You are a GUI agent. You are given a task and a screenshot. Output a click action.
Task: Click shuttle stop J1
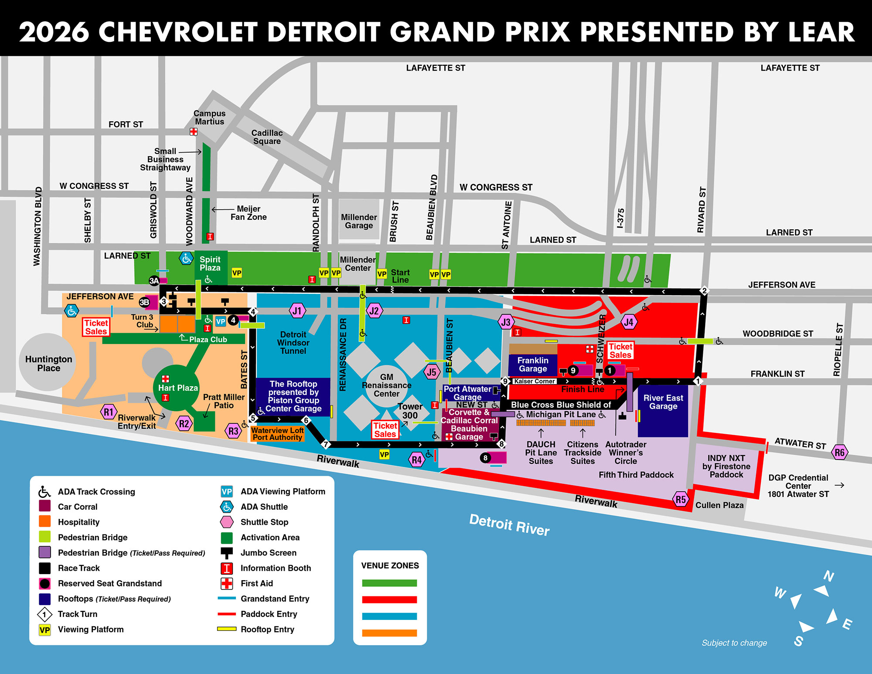pyautogui.click(x=297, y=311)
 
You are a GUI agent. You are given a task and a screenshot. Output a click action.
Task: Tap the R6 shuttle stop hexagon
pyautogui.click(x=839, y=452)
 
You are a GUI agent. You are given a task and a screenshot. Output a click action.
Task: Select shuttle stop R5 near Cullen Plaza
pyautogui.click(x=681, y=500)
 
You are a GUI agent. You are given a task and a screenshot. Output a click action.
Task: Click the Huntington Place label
pyautogui.click(x=48, y=364)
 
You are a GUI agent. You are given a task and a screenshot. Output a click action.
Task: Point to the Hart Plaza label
pyautogui.click(x=178, y=388)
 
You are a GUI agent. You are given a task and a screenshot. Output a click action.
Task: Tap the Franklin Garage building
pyautogui.click(x=533, y=364)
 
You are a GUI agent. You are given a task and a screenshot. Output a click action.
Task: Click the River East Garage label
pyautogui.click(x=663, y=402)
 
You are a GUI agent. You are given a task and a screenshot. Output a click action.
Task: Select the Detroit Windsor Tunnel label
pyautogui.click(x=293, y=343)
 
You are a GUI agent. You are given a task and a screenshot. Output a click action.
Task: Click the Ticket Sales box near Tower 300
pyautogui.click(x=385, y=430)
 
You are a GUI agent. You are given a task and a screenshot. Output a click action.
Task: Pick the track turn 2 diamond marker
pyautogui.click(x=704, y=291)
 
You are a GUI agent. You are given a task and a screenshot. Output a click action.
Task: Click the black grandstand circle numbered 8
pyautogui.click(x=485, y=458)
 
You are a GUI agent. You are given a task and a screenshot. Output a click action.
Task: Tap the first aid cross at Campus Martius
pyautogui.click(x=194, y=132)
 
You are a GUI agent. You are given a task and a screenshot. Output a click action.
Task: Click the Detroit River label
pyautogui.click(x=509, y=524)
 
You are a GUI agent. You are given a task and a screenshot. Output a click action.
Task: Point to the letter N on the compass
pyautogui.click(x=828, y=576)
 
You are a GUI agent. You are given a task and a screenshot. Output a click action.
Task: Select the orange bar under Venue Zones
pyautogui.click(x=389, y=633)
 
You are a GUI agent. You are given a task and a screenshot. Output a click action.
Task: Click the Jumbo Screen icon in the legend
pyautogui.click(x=227, y=553)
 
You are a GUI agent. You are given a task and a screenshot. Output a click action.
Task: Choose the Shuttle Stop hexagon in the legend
pyautogui.click(x=227, y=522)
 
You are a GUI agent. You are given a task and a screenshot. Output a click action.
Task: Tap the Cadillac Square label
pyautogui.click(x=267, y=137)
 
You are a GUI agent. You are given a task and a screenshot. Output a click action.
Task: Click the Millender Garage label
pyautogui.click(x=359, y=221)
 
